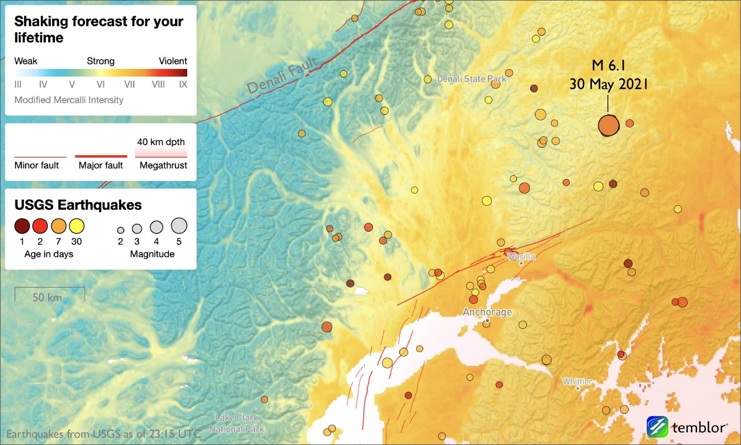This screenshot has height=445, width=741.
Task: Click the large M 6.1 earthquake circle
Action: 608,125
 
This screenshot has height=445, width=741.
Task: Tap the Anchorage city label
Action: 487,312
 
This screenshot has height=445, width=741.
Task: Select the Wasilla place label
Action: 521,256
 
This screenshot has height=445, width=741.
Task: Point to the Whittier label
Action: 577,381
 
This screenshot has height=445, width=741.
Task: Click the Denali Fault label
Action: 282,75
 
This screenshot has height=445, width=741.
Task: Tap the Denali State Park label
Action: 471,79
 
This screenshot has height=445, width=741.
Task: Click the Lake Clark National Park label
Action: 237,423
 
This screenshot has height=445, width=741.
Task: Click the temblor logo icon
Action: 657,427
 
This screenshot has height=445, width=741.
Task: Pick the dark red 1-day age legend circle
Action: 22,226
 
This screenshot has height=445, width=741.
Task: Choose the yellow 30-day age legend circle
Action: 77,226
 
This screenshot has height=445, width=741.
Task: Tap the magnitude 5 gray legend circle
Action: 179,225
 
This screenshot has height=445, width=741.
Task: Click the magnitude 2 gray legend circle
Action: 121,230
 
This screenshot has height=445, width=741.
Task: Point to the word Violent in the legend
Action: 173,61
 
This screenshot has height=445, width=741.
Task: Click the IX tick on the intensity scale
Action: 183,84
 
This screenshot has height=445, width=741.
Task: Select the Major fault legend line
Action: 101,156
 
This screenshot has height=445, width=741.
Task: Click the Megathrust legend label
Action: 163,165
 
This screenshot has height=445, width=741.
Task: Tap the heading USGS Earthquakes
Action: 78,205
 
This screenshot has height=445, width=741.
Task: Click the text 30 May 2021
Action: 608,84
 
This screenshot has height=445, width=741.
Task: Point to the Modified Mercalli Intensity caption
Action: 69,100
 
